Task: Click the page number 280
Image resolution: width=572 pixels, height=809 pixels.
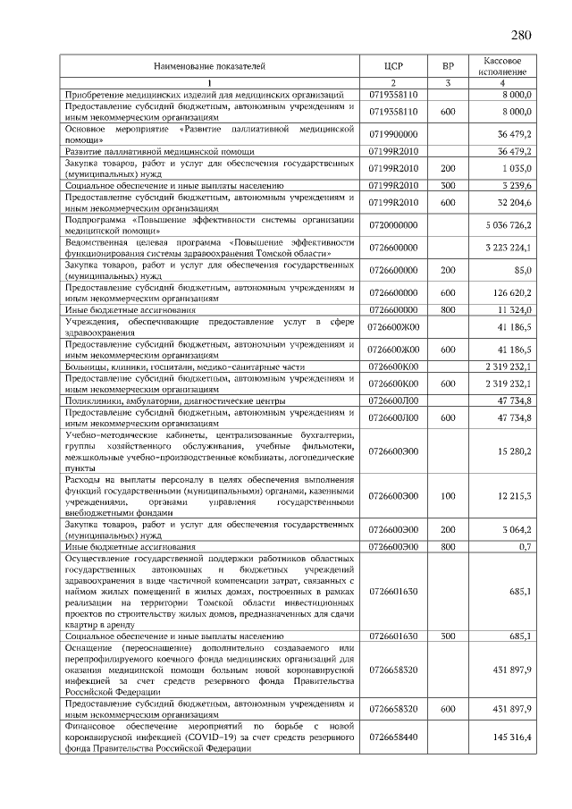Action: (x=521, y=36)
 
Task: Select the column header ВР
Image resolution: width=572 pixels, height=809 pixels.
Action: (x=448, y=66)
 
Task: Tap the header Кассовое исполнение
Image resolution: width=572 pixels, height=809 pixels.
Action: (x=501, y=65)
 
